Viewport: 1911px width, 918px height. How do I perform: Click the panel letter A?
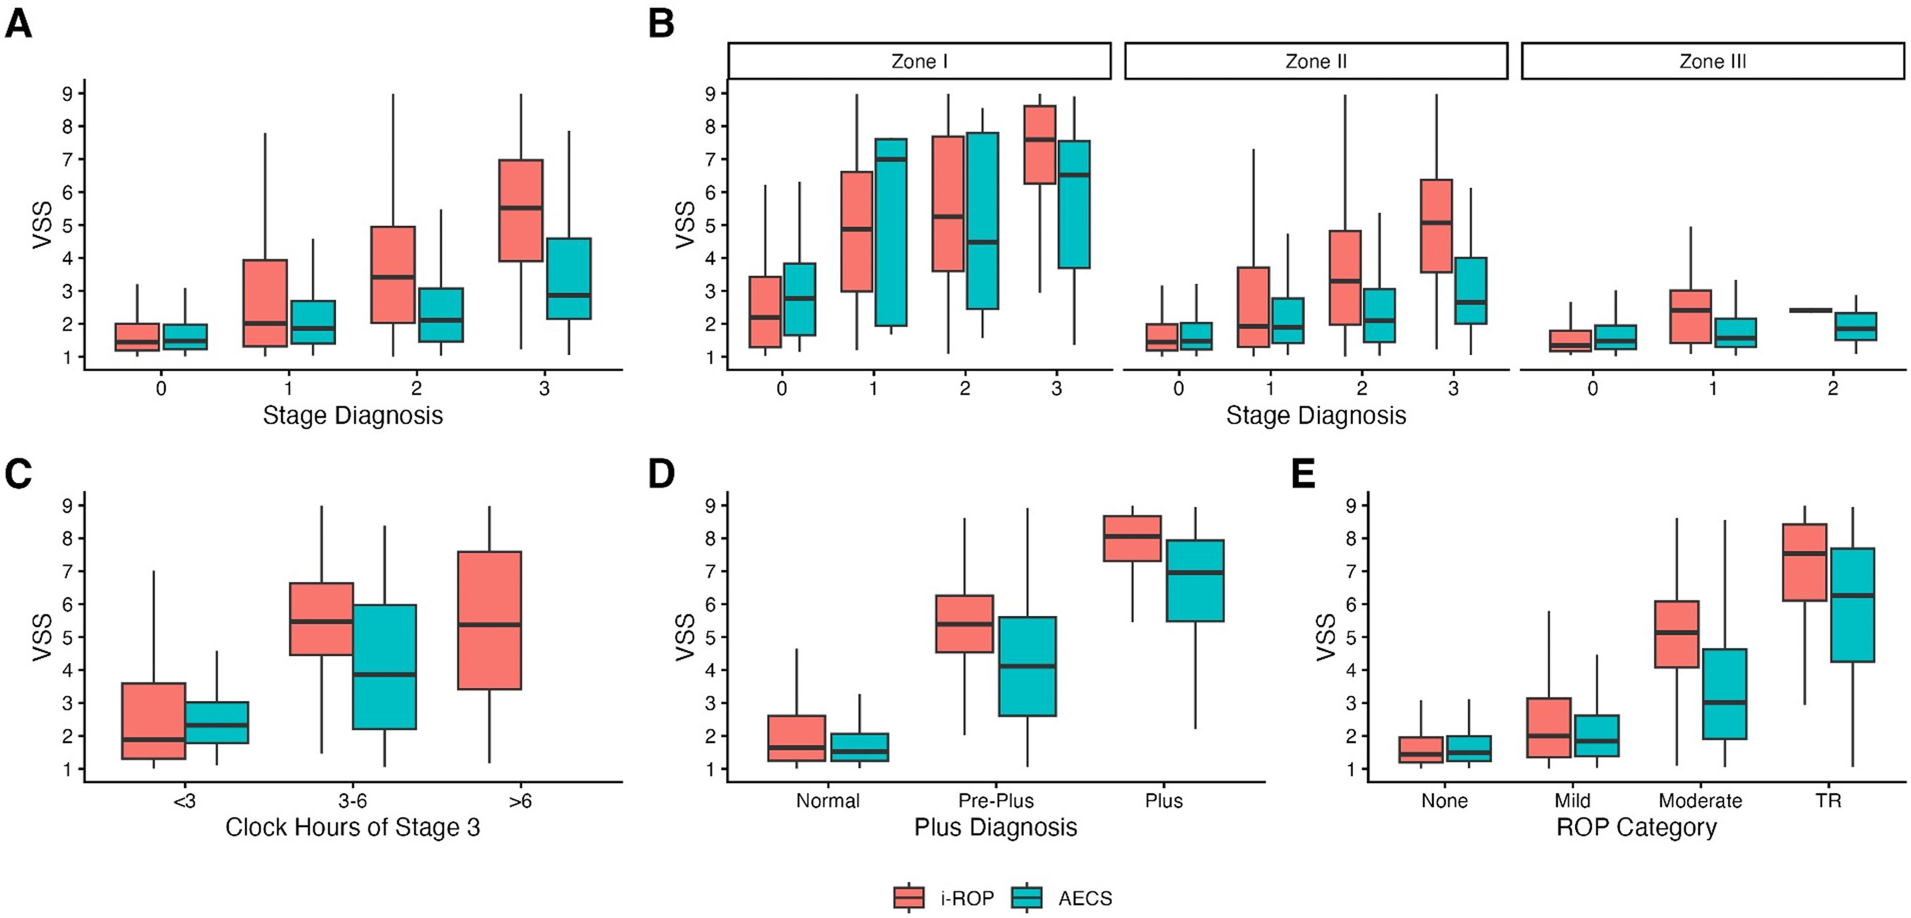coord(18,23)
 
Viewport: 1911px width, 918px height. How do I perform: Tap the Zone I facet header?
coord(919,61)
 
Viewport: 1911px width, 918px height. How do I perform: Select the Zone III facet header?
coord(1712,61)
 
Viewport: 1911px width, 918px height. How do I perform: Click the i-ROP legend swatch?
coord(909,898)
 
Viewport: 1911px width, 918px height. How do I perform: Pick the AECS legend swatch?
coord(1027,898)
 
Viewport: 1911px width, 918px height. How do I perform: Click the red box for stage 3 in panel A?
coord(521,210)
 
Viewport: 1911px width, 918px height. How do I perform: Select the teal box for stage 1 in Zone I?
coord(890,232)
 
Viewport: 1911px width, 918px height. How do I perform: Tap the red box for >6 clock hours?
coord(489,621)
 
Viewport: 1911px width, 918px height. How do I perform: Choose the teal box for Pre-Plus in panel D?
coord(1027,666)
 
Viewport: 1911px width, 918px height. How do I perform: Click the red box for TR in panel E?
coord(1804,562)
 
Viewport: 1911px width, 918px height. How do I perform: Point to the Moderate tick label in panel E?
coord(1700,801)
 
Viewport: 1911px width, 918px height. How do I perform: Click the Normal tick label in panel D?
coord(828,801)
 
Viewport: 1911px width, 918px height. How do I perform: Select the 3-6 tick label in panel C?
coord(352,801)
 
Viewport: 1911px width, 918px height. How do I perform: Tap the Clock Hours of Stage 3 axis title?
coord(352,827)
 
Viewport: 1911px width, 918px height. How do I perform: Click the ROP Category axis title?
coord(1637,827)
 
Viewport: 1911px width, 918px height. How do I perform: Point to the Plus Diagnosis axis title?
coord(996,827)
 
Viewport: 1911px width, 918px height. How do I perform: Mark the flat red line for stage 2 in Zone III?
coord(1811,310)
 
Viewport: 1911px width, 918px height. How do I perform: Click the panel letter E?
coord(1304,474)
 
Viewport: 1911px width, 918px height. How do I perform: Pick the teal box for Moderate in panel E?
coord(1724,694)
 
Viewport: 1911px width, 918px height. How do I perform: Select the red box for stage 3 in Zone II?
coord(1437,226)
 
